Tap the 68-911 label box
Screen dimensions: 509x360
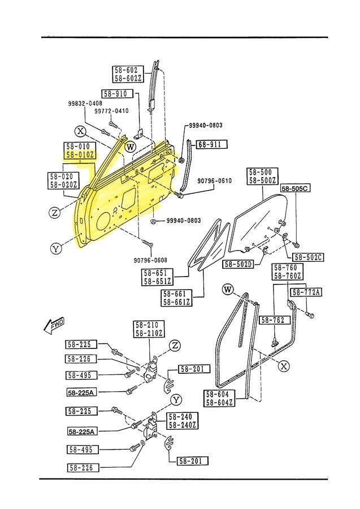(x=211, y=144)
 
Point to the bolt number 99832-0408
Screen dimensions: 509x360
(x=85, y=103)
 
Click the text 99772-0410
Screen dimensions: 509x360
(x=111, y=111)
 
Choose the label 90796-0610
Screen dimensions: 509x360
(x=214, y=181)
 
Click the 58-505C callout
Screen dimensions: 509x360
(x=296, y=188)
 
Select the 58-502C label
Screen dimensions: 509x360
(x=308, y=257)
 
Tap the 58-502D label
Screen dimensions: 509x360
(x=238, y=264)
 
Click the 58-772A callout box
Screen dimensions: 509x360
(x=306, y=292)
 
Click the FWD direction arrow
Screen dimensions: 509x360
(x=54, y=326)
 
